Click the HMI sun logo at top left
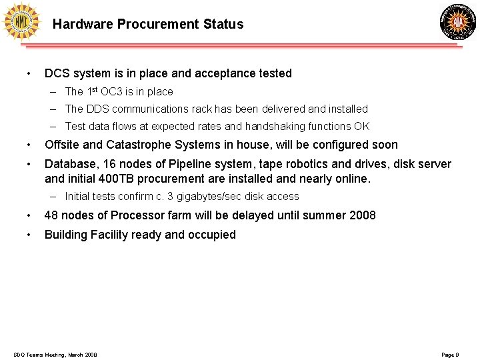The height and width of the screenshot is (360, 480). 21,22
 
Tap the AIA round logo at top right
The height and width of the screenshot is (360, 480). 458,22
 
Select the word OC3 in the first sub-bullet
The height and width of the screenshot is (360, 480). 115,91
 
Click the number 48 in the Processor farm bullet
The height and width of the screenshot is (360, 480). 51,215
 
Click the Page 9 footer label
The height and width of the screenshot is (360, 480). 450,355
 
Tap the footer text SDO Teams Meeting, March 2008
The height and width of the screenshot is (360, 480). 55,355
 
